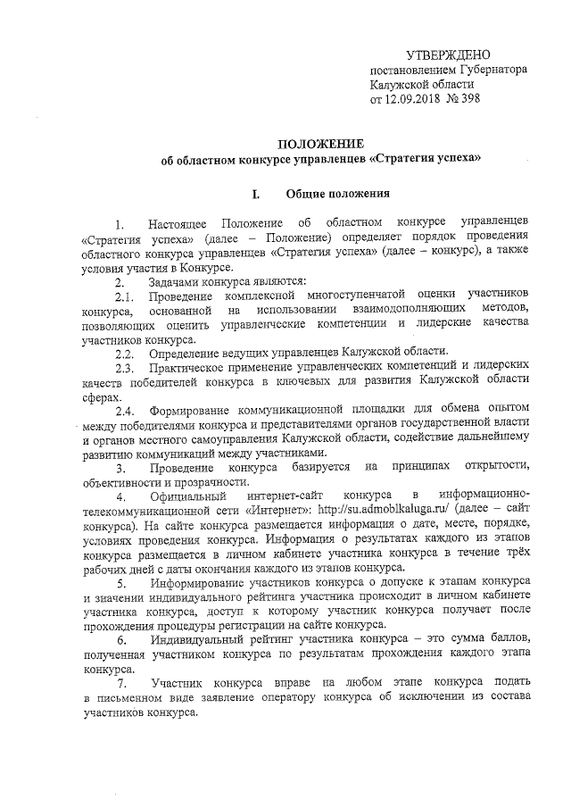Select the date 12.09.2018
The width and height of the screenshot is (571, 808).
tap(421, 98)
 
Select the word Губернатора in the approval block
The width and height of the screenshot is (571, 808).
tap(489, 70)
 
